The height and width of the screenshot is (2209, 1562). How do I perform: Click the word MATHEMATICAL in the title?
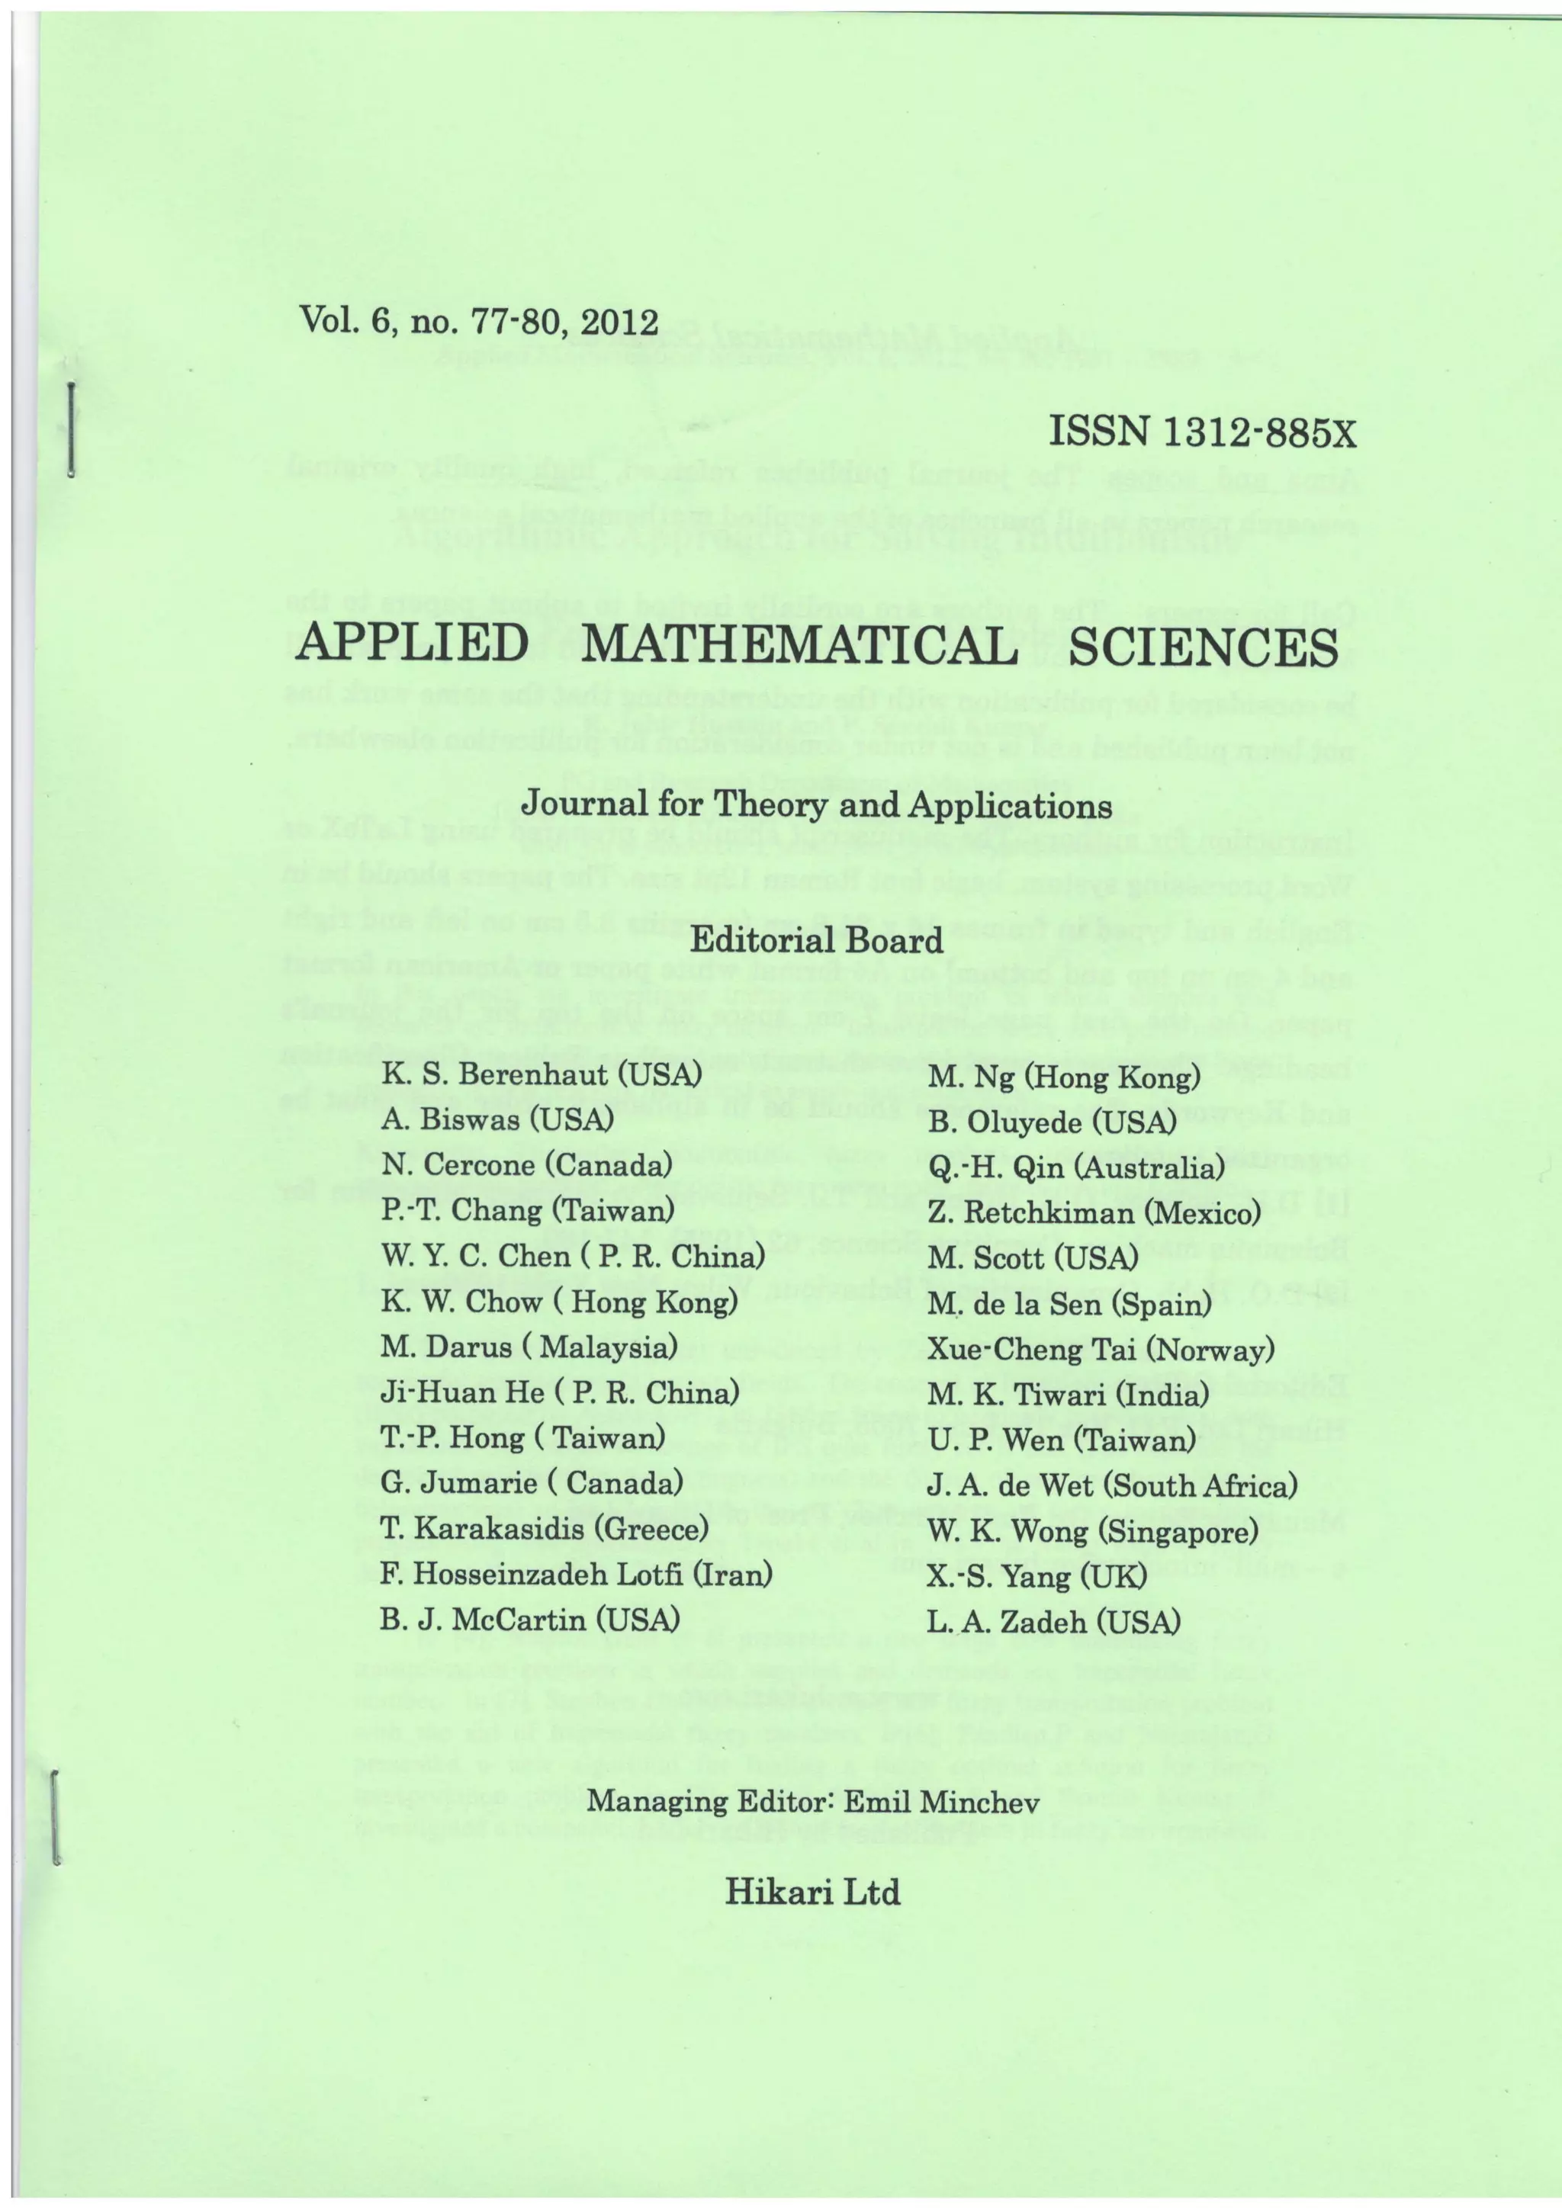pos(801,647)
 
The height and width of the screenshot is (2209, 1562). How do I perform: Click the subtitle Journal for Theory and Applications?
pos(816,804)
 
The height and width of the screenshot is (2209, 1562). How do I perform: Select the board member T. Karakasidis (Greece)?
pos(545,1528)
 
